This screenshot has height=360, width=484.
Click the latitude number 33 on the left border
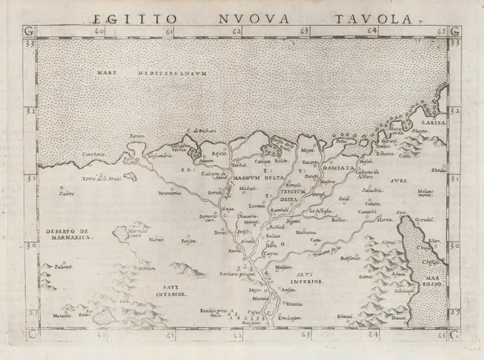pos(30,43)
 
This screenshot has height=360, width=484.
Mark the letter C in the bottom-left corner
pos(31,332)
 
